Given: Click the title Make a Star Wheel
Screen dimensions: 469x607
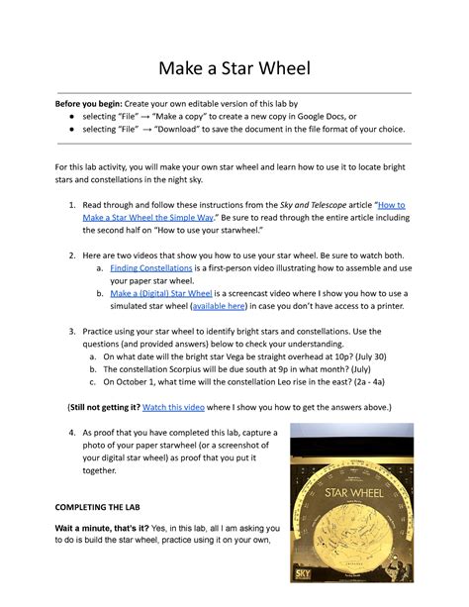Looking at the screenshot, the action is pyautogui.click(x=234, y=67).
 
